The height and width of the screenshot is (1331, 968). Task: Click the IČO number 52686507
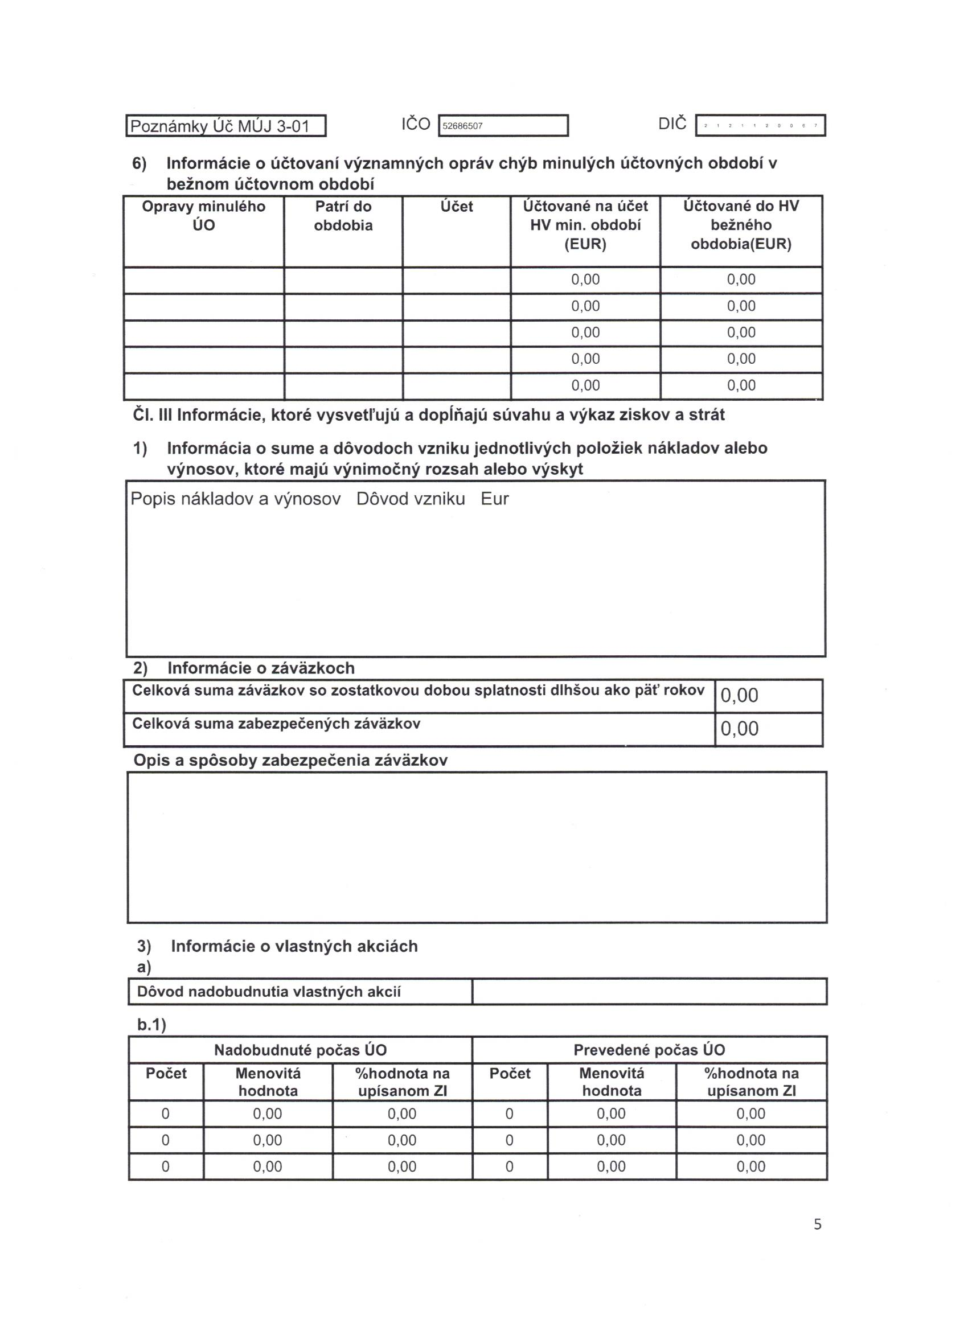pos(462,126)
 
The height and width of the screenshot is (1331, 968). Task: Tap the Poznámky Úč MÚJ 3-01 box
pos(226,126)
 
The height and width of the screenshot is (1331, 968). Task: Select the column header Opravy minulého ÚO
pos(204,215)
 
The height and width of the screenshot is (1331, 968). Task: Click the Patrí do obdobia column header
pos(343,215)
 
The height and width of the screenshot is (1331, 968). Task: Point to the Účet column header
pos(456,207)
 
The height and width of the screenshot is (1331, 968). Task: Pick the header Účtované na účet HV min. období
pos(585,225)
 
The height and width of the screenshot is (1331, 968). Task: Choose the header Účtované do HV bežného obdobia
pos(741,225)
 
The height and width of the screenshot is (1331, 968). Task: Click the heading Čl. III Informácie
pos(429,415)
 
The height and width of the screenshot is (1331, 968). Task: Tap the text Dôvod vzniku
pos(411,499)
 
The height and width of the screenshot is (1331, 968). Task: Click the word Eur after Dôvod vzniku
pos(494,499)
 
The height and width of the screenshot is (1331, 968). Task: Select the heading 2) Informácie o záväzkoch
pos(244,668)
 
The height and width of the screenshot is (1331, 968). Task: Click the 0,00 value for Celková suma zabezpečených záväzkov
pos(739,728)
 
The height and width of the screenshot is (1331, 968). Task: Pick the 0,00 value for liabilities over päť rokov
pos(739,696)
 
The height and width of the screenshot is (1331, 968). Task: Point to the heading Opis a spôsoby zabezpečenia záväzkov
pos(290,761)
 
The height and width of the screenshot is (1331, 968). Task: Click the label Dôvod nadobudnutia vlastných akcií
pos(269,992)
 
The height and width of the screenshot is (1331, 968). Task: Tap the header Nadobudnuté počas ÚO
pos(300,1050)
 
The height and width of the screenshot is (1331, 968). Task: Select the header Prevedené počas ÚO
pos(649,1050)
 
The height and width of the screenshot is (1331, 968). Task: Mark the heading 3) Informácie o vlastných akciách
pos(278,946)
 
